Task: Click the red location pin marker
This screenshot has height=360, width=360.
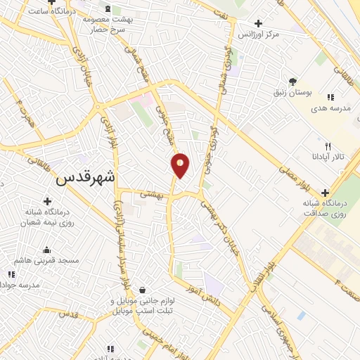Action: (x=181, y=165)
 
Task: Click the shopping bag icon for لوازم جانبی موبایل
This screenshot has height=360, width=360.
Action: (x=143, y=290)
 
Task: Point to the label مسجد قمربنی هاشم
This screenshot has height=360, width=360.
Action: (x=47, y=260)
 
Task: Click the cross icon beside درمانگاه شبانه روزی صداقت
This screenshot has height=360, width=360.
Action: (x=325, y=193)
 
